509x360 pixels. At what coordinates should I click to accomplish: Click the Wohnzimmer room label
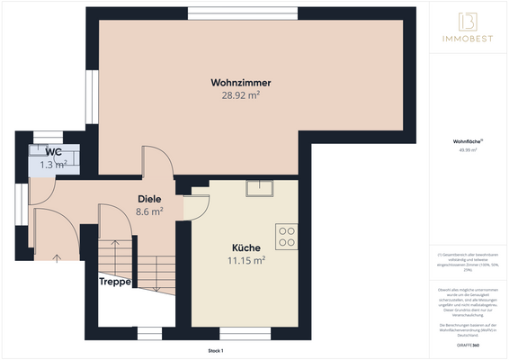tap(242, 83)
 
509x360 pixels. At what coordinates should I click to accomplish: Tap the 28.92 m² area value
tap(242, 94)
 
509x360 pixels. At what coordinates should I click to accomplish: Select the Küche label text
tap(246, 247)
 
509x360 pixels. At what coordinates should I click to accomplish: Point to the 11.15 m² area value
tap(246, 260)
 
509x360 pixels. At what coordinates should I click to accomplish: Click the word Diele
tap(149, 199)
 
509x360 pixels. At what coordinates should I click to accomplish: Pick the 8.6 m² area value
tap(149, 211)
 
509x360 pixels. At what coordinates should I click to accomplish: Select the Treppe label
tap(115, 282)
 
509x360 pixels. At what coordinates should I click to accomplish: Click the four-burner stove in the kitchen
tap(287, 236)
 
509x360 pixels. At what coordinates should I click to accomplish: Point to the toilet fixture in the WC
tap(41, 152)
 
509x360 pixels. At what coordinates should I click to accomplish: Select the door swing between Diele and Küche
tap(195, 203)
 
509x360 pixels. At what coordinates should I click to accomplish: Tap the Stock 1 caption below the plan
tap(215, 350)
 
